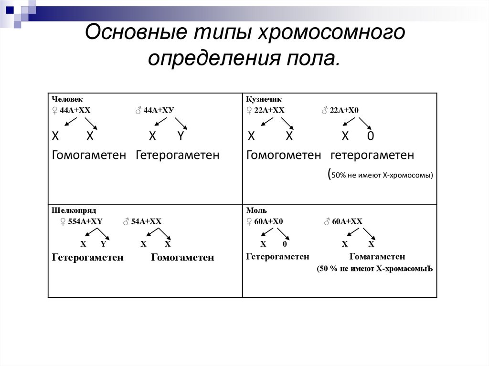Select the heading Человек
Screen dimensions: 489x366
click(x=67, y=99)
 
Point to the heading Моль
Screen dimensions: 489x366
click(x=256, y=210)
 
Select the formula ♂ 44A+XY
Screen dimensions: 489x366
click(x=154, y=110)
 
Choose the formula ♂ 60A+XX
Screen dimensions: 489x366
click(x=343, y=221)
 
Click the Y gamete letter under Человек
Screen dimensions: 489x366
click(x=180, y=136)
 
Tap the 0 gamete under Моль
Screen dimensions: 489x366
click(x=285, y=244)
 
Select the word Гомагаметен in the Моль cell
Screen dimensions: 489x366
click(x=378, y=257)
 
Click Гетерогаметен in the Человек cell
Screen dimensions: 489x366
click(x=178, y=155)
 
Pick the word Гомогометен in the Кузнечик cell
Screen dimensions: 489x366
click(x=284, y=155)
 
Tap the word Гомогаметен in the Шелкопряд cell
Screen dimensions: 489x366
click(x=182, y=258)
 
